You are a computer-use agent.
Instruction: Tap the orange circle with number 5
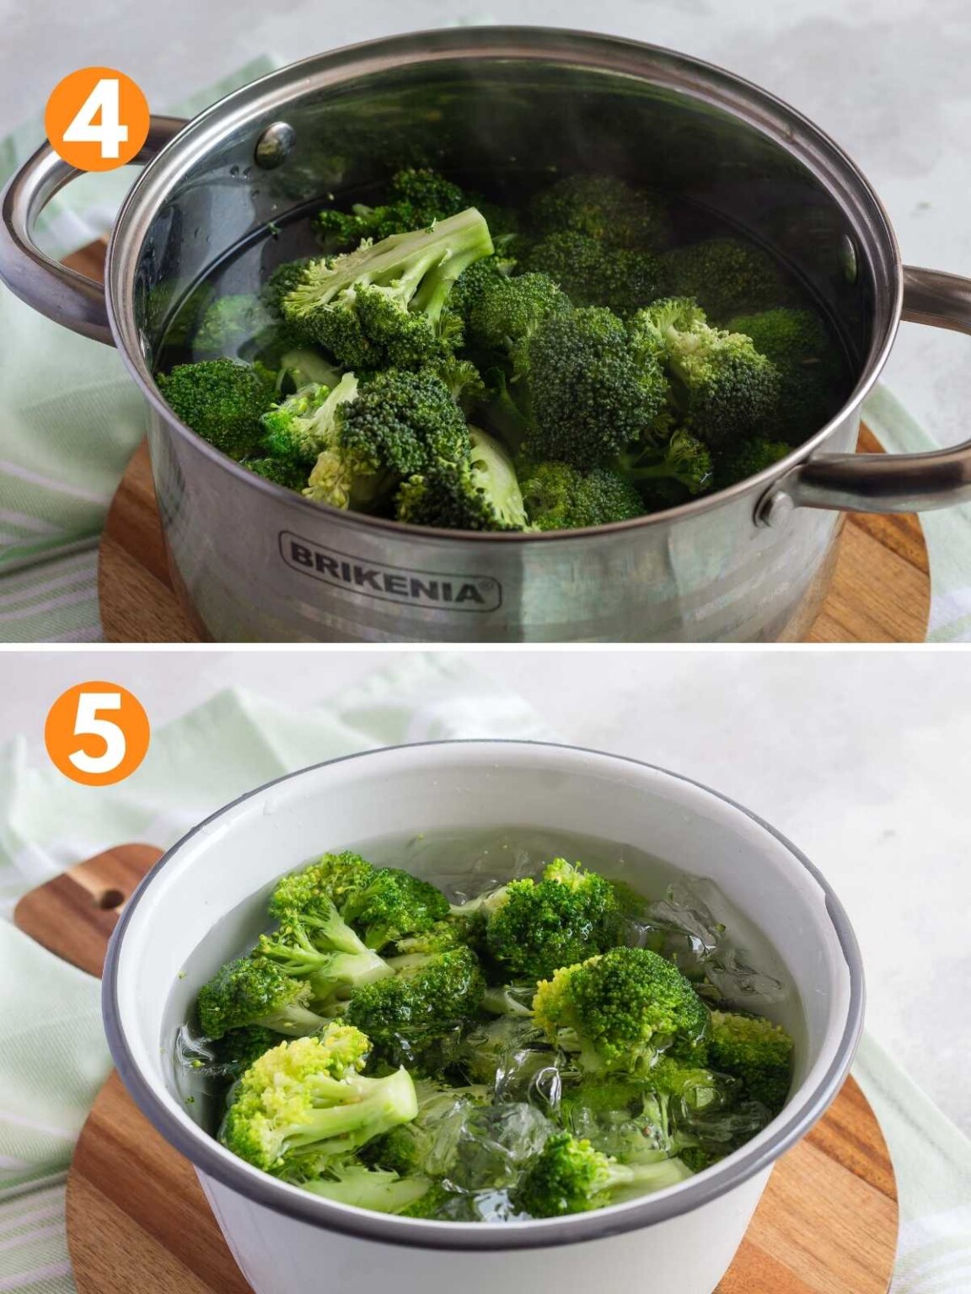click(x=97, y=733)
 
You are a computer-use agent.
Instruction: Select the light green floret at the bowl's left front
click(x=312, y=1095)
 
